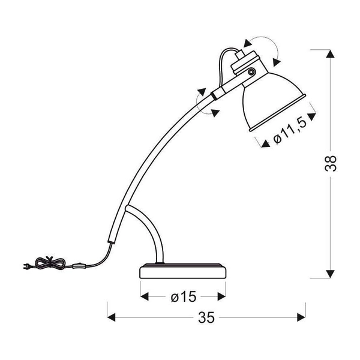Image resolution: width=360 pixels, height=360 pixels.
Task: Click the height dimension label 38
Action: coord(332,163)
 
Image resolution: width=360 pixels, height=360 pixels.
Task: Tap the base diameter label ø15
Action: coord(183,296)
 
